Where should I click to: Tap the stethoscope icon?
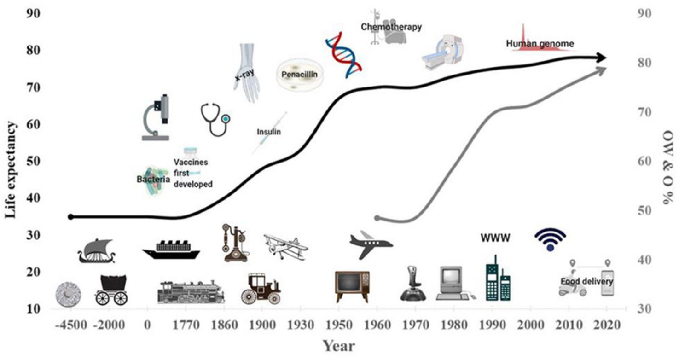click(215, 119)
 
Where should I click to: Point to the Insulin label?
click(269, 132)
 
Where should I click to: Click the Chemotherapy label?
click(391, 27)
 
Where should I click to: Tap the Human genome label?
click(540, 44)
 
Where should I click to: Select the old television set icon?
click(352, 286)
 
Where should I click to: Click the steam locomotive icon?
click(191, 292)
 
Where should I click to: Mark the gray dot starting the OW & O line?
click(377, 218)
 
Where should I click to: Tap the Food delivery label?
click(586, 281)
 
